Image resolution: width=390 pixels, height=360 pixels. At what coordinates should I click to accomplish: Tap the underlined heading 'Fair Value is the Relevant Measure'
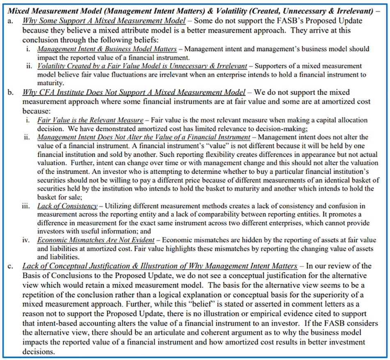(x=90, y=121)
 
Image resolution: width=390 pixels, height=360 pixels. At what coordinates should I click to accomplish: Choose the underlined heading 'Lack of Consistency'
(x=67, y=206)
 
